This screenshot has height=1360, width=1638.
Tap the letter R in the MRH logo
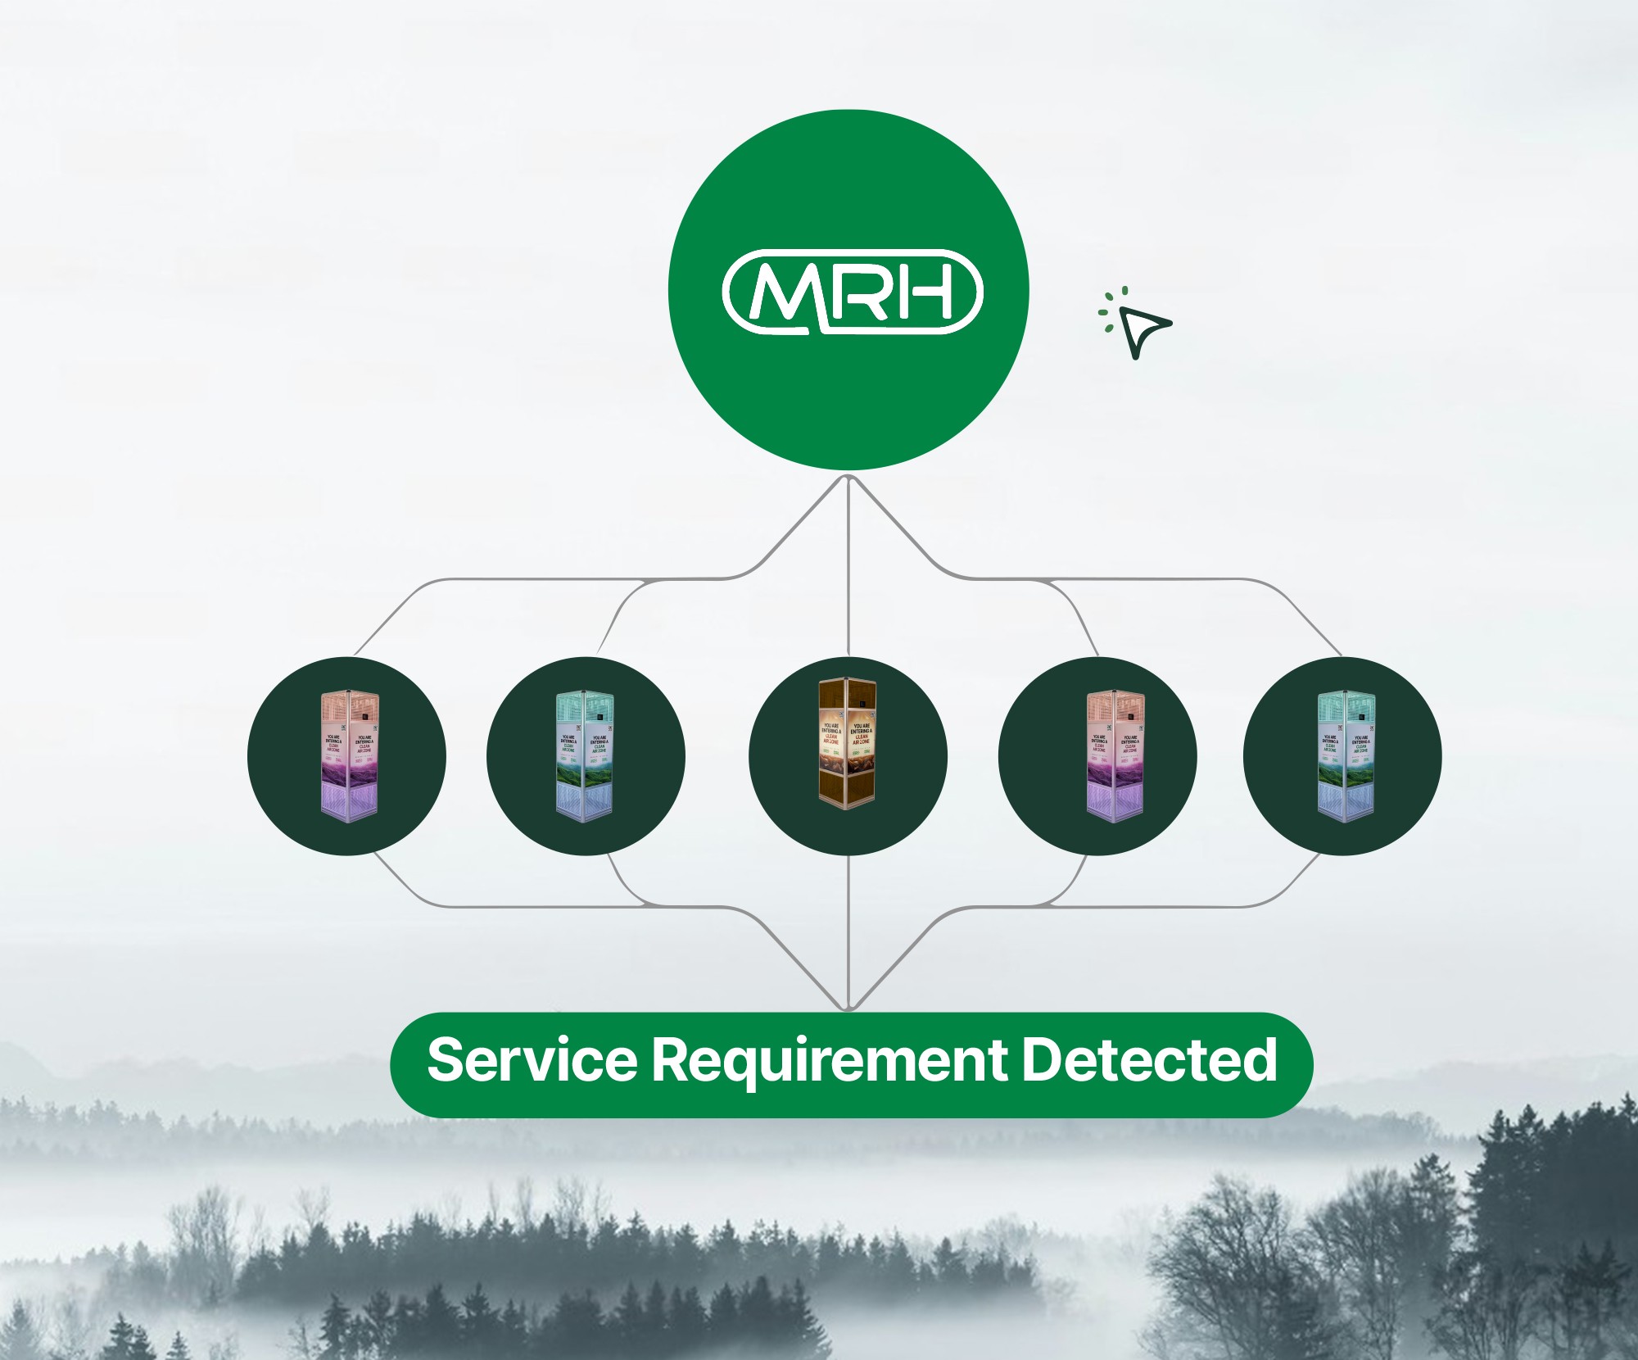coord(857,291)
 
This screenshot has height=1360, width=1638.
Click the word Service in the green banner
coord(532,1059)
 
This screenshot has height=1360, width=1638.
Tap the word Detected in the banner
coord(1149,1059)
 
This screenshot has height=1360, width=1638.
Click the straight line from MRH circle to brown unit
coord(848,573)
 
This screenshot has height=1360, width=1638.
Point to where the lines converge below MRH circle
coord(848,480)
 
